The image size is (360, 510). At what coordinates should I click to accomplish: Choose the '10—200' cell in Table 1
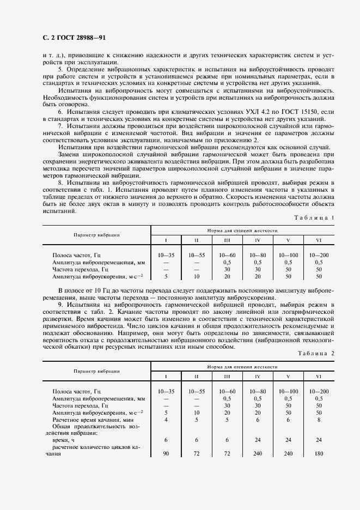click(x=319, y=254)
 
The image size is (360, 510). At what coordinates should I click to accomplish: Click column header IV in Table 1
click(x=258, y=240)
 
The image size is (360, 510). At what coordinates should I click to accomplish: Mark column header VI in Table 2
click(x=319, y=376)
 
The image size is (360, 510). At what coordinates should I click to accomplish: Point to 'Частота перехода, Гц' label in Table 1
click(x=81, y=269)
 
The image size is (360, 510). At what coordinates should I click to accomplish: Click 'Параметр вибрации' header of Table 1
click(x=96, y=235)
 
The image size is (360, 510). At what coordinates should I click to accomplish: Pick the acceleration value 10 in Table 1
click(x=197, y=276)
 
